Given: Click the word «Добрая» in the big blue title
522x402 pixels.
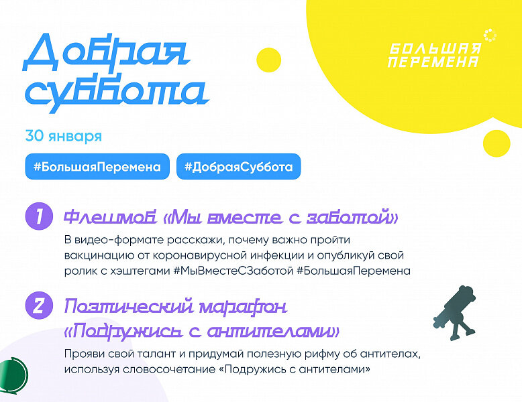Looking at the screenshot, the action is [106, 52].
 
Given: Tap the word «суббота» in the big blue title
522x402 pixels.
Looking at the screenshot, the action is [117, 94].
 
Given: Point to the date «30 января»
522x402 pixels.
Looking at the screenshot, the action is [64, 136].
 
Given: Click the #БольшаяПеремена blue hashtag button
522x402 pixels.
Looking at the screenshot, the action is [97, 167].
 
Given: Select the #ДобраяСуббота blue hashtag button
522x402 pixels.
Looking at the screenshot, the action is [238, 167].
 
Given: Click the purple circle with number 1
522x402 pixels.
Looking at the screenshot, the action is [39, 216].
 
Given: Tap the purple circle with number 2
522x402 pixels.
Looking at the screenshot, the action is [39, 306].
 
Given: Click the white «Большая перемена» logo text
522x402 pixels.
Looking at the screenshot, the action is [435, 55].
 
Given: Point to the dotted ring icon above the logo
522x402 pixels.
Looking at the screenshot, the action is [490, 36].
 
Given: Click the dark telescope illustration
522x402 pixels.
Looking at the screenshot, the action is [455, 313].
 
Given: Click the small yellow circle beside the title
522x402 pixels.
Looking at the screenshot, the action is [269, 60].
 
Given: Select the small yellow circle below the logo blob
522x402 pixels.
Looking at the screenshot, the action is [497, 143].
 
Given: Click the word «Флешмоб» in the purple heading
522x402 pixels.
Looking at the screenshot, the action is [110, 217].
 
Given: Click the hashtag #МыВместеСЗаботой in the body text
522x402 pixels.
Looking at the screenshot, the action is [233, 271].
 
